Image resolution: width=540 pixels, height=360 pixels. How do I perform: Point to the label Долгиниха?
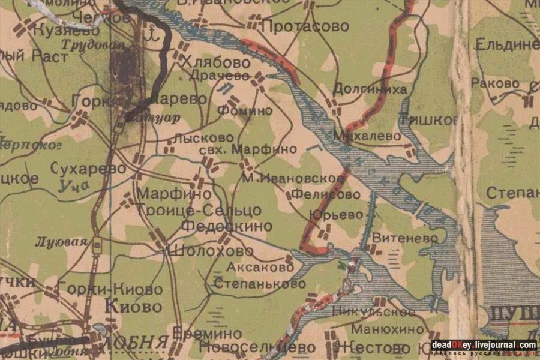[x=370, y=89]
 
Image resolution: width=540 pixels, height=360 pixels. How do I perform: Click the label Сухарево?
[x=89, y=169]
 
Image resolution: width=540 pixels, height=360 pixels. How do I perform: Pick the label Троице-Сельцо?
[x=199, y=211]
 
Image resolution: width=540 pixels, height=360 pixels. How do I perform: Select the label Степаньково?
[x=259, y=283]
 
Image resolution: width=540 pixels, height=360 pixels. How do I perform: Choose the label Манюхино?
[x=388, y=329]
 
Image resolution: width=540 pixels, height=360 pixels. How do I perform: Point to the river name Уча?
[x=74, y=187]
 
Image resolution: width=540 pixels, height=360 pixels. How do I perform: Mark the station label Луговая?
[x=53, y=242]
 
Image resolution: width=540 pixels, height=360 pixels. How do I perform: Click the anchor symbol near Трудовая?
[x=151, y=34]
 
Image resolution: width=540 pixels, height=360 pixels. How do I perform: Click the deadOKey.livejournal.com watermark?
[x=484, y=345]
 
